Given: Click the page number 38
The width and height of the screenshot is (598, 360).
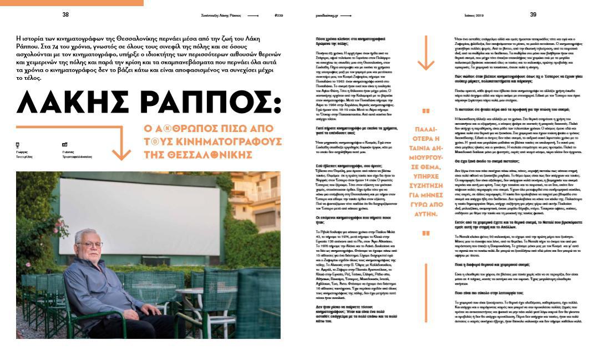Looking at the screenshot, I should [x=65, y=14].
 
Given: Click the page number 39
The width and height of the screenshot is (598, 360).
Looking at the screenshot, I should [x=533, y=14].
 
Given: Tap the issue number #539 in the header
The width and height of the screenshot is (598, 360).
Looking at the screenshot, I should [x=278, y=15].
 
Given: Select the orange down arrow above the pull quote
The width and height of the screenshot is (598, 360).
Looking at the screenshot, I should [x=425, y=53].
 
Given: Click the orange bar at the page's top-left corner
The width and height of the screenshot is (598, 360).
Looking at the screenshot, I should [x=72, y=3].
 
